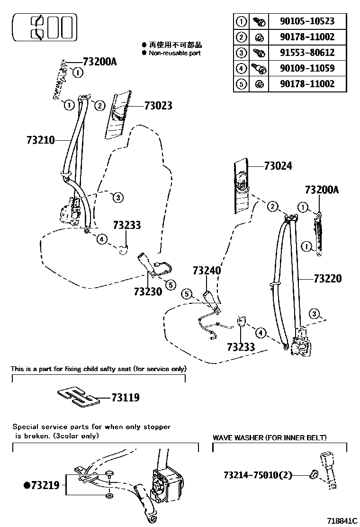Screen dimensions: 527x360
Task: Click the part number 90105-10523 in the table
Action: (308, 21)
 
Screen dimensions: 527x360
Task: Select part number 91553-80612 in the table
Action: (308, 53)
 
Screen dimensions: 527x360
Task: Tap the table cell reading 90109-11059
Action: (308, 68)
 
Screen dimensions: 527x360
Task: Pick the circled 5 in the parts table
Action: (242, 84)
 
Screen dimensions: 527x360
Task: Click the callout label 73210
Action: (41, 140)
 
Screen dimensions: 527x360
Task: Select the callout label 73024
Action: (278, 166)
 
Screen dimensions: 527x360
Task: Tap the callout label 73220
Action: (327, 279)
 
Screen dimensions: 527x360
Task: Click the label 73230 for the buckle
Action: (148, 291)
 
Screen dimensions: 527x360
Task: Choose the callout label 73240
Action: (207, 271)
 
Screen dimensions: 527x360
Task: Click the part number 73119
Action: (126, 398)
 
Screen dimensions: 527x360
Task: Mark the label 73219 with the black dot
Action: (42, 485)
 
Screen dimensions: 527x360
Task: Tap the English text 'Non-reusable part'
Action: (175, 53)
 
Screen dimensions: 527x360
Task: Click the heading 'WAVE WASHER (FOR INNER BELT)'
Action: (270, 438)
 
